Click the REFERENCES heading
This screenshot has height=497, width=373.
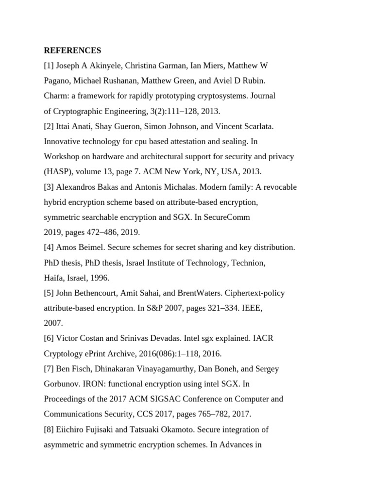coord(72,50)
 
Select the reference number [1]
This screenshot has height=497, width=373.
coord(49,66)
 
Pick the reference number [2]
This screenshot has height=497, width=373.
coord(49,126)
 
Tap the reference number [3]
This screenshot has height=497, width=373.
coord(49,187)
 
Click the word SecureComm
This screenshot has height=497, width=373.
coord(227,217)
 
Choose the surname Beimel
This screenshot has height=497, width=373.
coord(89,248)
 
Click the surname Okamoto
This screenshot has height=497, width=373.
coord(160,430)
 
